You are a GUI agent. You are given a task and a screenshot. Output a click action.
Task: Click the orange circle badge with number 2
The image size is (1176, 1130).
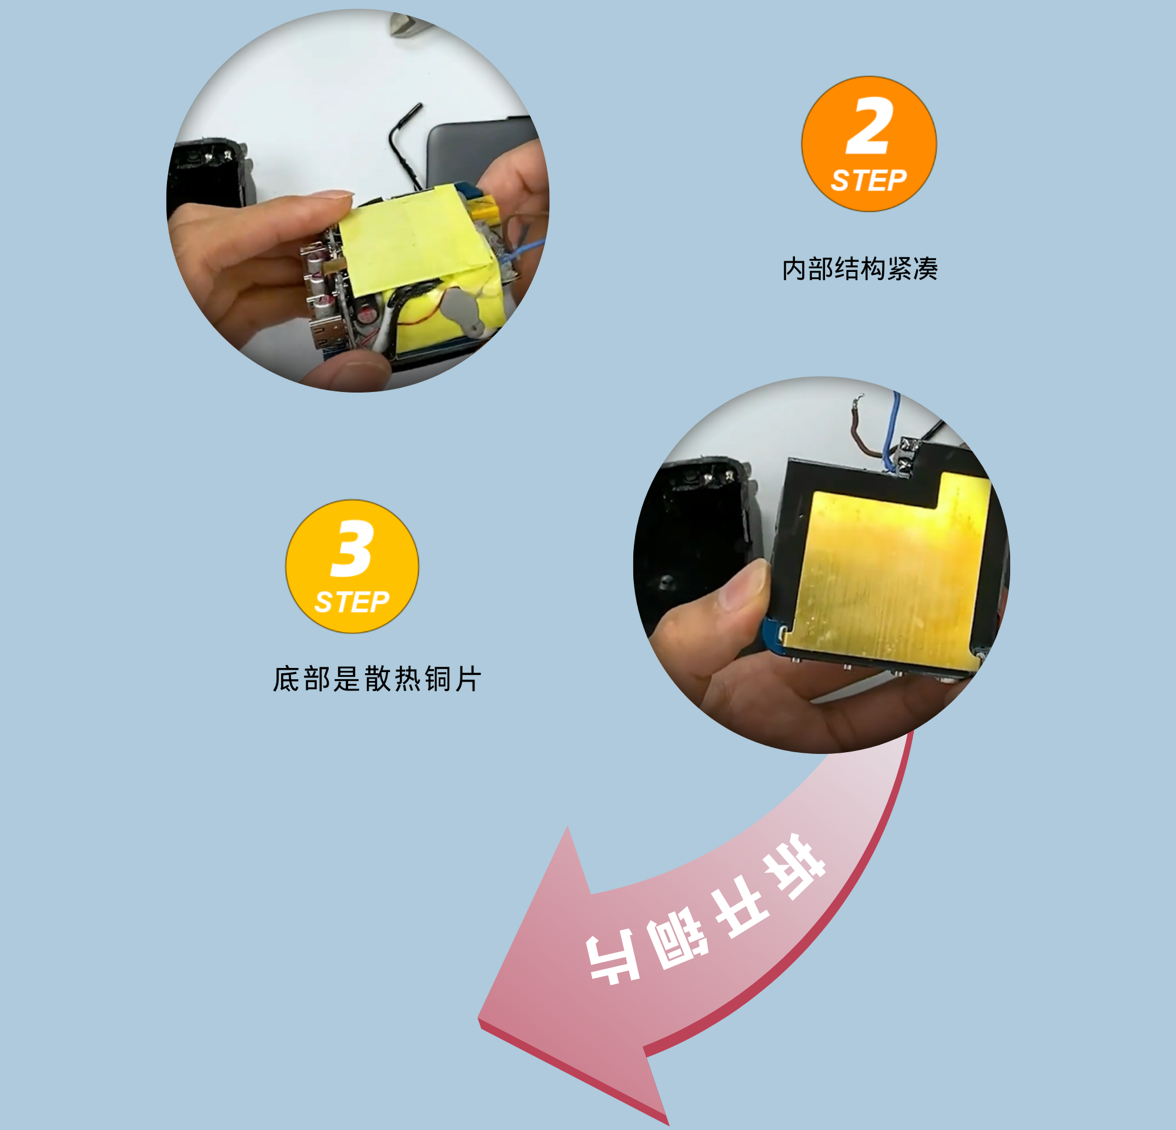click(x=868, y=144)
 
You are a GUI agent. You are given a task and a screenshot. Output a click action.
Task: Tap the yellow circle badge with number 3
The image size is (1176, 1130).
click(x=352, y=566)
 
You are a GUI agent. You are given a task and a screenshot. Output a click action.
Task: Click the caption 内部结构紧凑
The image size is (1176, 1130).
click(x=859, y=268)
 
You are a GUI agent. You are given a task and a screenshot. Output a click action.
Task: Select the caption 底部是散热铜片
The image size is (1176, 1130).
click(x=376, y=679)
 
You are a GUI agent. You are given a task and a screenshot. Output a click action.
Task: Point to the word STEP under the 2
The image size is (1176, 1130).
click(x=868, y=180)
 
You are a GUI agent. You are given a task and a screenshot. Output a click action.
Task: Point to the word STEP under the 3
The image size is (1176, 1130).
click(x=352, y=601)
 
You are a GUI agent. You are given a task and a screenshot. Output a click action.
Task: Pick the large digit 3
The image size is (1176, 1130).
click(x=353, y=547)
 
